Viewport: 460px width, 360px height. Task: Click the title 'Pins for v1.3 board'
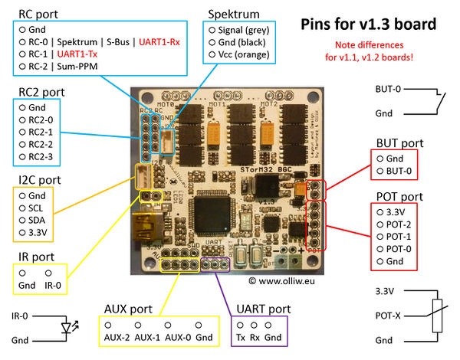pos(379,24)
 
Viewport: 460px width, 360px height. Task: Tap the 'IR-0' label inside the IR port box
pos(51,286)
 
